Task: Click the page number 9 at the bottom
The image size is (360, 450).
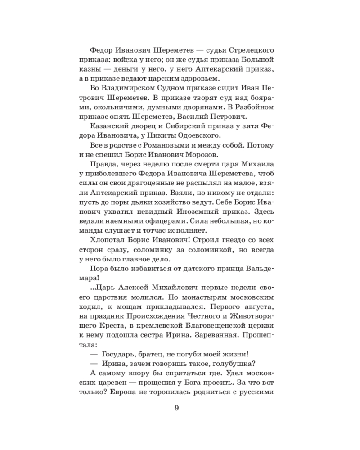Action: pyautogui.click(x=176, y=408)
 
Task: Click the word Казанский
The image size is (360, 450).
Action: pyautogui.click(x=112, y=126)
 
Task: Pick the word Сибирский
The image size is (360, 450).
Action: pyautogui.click(x=188, y=126)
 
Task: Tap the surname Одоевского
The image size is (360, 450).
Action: pyautogui.click(x=192, y=135)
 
